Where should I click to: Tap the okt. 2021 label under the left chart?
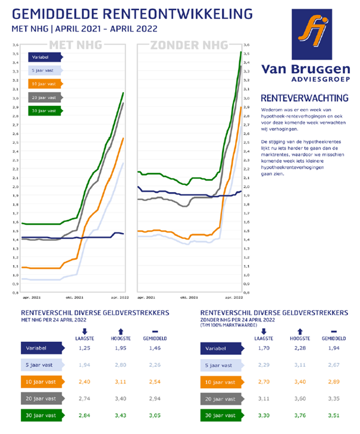tap(74, 296)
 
